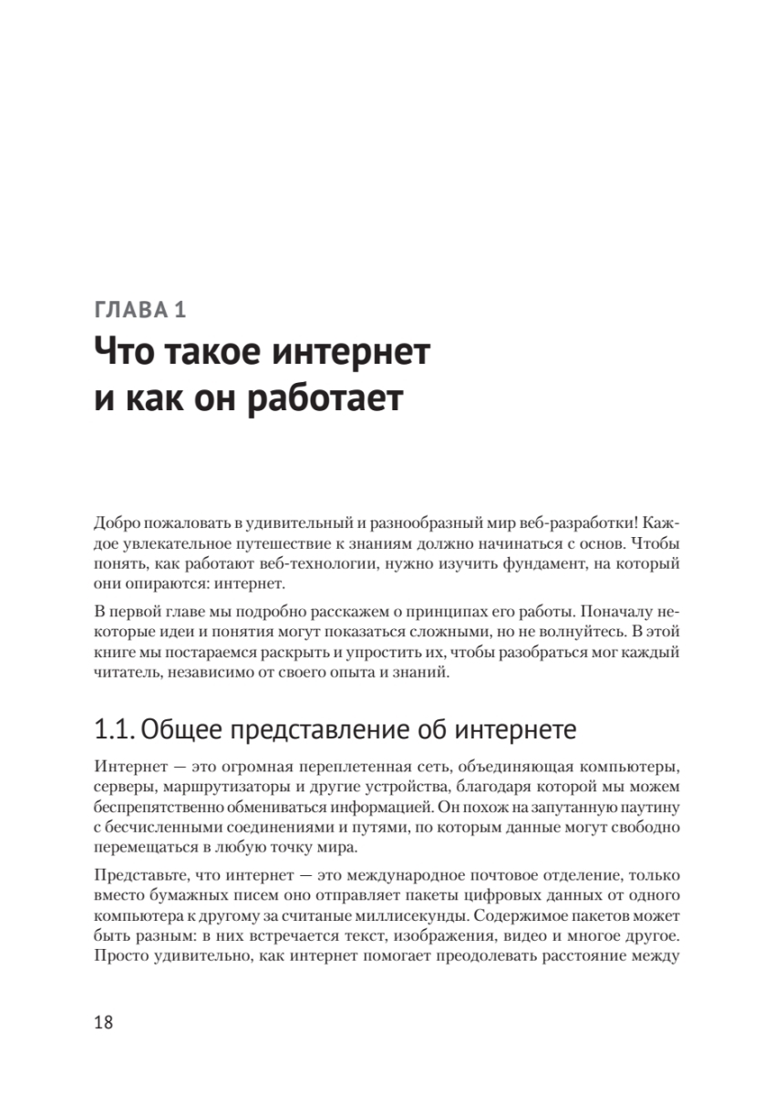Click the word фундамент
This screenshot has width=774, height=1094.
pyautogui.click(x=524, y=564)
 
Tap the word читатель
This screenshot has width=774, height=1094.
pyautogui.click(x=125, y=674)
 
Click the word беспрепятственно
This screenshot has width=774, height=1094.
pyautogui.click(x=162, y=806)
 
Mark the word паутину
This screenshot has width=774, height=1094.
pyautogui.click(x=647, y=806)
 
